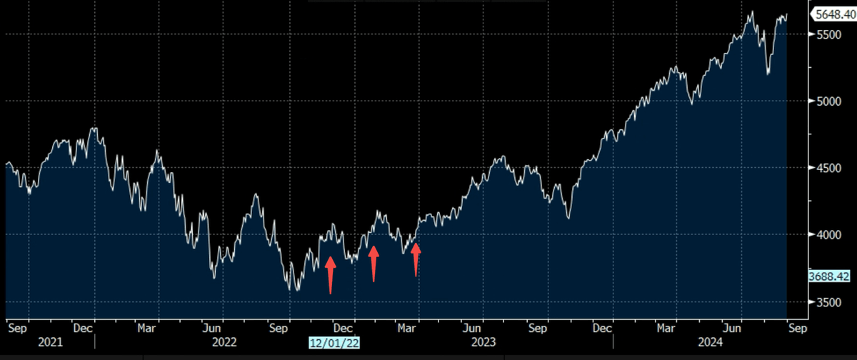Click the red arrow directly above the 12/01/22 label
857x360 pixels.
click(x=330, y=275)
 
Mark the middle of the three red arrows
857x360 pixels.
click(x=373, y=263)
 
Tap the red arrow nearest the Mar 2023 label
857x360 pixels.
click(x=416, y=259)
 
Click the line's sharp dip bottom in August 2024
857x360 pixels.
click(x=768, y=73)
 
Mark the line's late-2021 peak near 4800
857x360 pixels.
click(x=94, y=129)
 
